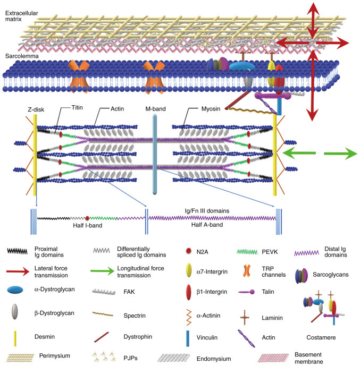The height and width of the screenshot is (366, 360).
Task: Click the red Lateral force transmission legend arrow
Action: (20, 270)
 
